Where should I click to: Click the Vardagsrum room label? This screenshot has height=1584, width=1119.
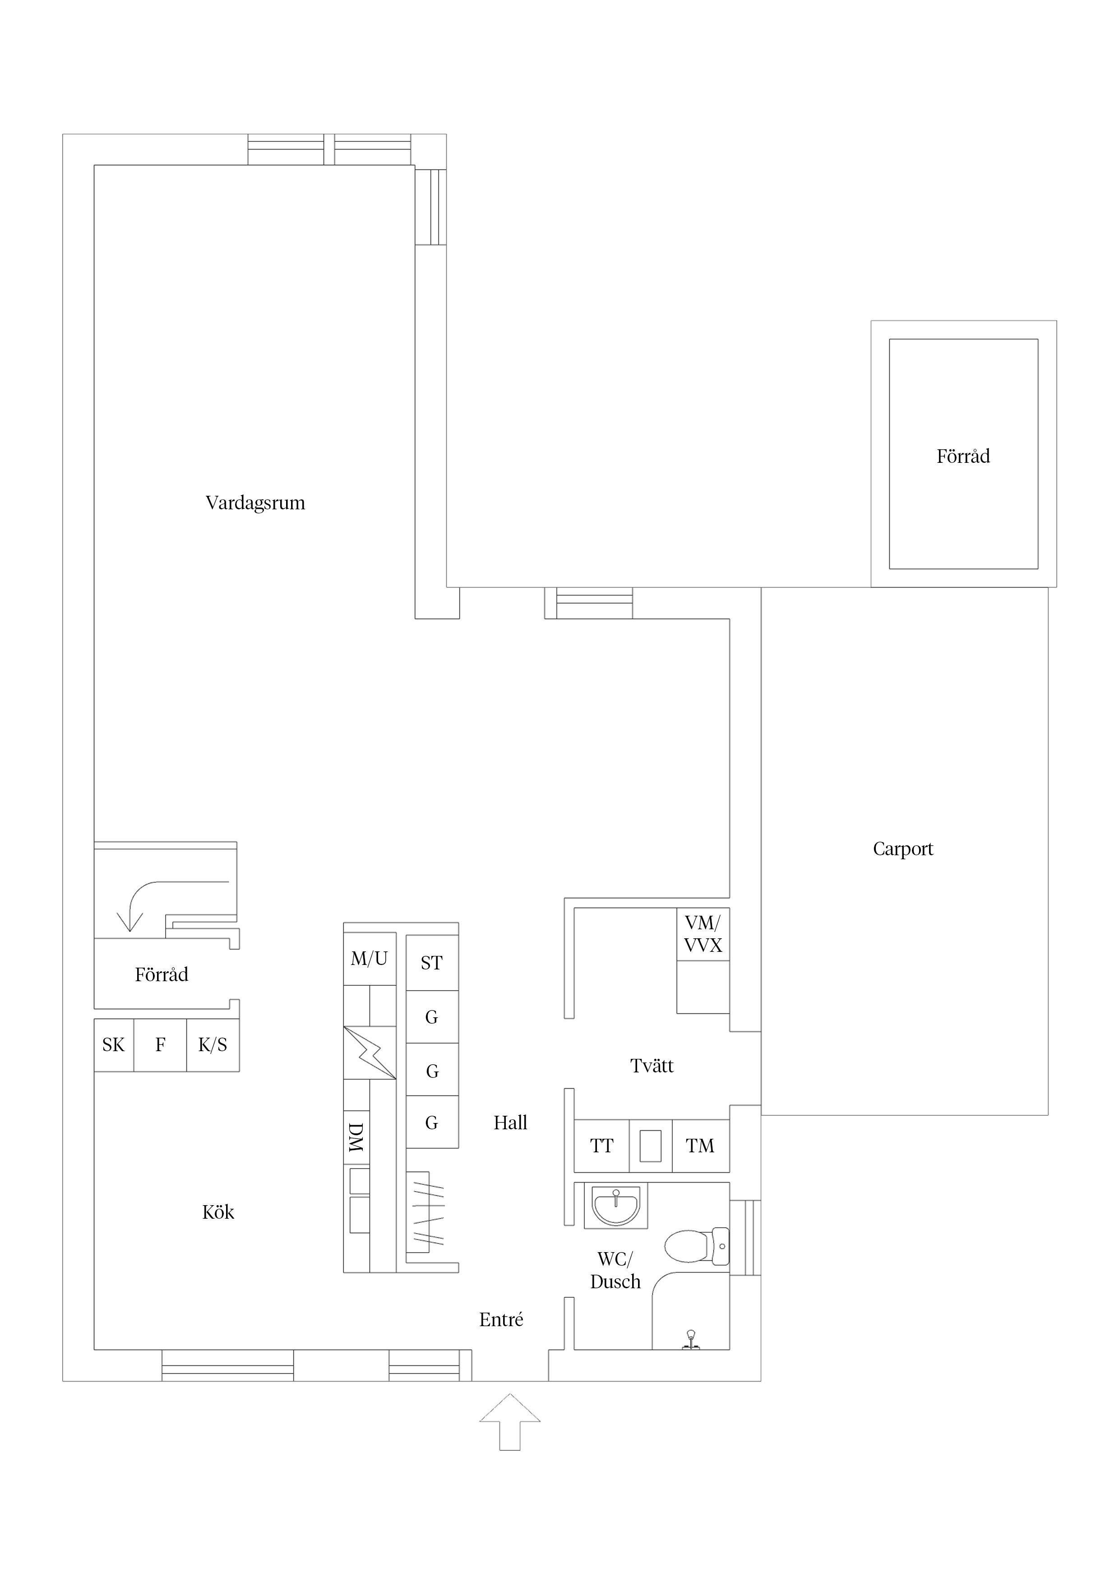pos(255,503)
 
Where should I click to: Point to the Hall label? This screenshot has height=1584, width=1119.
pos(510,1123)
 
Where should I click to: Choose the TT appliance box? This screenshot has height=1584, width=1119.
pos(601,1146)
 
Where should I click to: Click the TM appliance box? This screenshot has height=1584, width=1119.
pos(700,1146)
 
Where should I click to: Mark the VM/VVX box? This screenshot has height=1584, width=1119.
pos(703,934)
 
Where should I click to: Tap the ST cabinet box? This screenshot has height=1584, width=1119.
pos(432,963)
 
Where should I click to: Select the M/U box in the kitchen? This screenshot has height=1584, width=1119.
pos(370,958)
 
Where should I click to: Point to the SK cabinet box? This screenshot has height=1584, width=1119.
pos(114,1045)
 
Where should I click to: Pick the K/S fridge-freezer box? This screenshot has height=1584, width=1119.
pos(213,1045)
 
